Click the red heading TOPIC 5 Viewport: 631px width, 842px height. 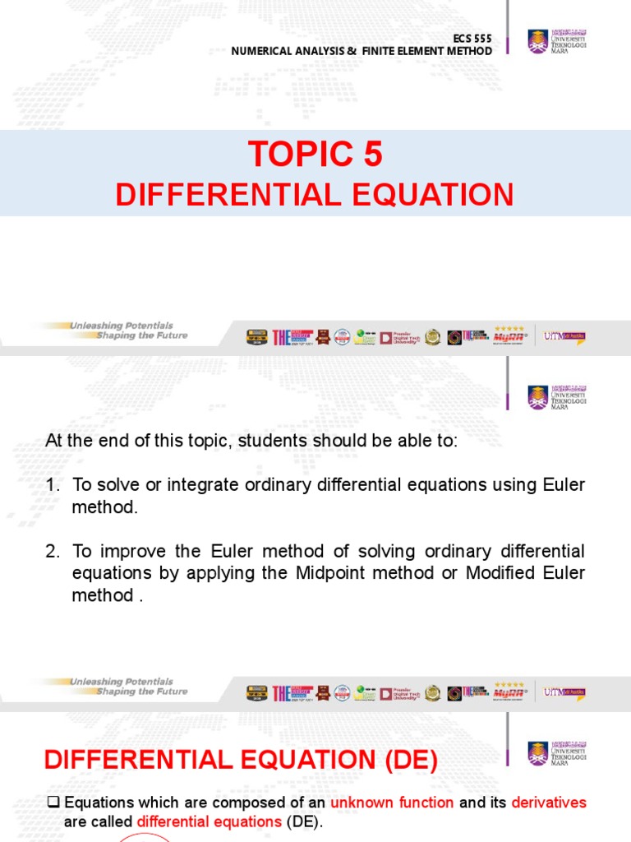click(315, 154)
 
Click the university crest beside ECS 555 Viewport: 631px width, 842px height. click(537, 40)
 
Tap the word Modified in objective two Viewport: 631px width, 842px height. click(499, 573)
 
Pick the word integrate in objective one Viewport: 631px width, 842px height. click(204, 485)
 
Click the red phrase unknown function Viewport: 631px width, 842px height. click(392, 803)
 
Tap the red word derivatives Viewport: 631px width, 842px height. click(549, 803)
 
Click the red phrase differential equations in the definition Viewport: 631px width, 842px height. click(209, 821)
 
